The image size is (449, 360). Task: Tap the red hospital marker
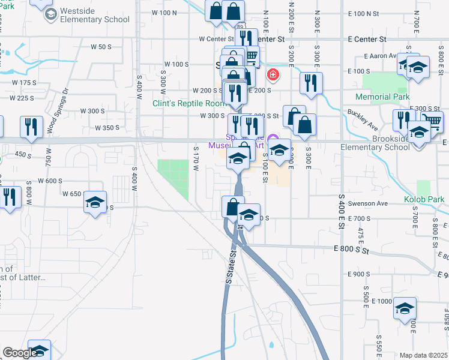click(273, 74)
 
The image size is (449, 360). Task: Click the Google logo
click(20, 353)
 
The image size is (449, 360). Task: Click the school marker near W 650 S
click(95, 202)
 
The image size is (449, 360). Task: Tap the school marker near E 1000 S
click(405, 309)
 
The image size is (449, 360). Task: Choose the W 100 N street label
click(164, 13)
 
